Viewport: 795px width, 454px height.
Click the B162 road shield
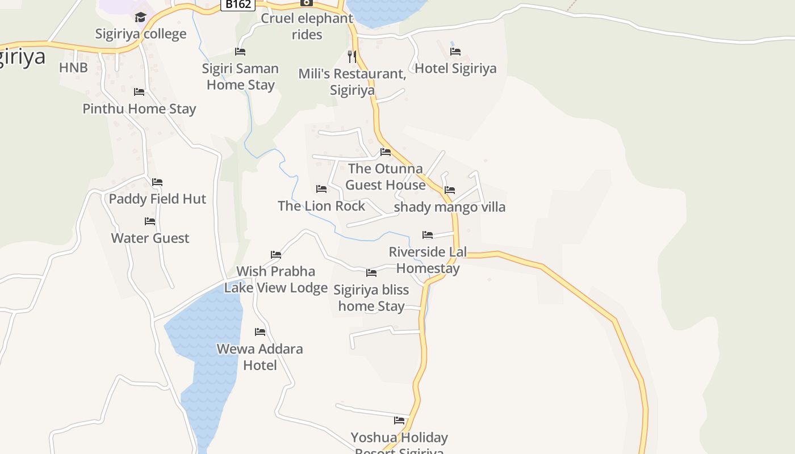(x=237, y=5)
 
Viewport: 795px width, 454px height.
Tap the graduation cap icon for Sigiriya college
(x=141, y=17)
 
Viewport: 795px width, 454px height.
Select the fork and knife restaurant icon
(x=352, y=56)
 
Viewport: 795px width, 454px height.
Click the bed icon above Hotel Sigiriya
(x=455, y=52)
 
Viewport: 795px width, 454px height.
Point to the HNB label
(x=73, y=68)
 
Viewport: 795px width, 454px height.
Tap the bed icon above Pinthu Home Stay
(x=139, y=92)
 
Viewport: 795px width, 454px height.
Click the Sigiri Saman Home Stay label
(x=241, y=77)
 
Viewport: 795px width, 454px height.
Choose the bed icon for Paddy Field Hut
(x=157, y=182)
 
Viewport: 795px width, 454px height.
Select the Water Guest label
(x=150, y=238)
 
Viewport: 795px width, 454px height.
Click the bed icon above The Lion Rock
(x=321, y=189)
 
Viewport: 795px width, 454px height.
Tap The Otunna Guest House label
(x=386, y=176)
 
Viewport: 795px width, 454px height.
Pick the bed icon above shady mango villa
(x=450, y=190)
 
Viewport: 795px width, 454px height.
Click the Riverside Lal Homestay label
(x=428, y=260)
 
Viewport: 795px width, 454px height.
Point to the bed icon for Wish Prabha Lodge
(x=276, y=255)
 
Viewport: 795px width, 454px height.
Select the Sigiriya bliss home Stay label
(x=371, y=298)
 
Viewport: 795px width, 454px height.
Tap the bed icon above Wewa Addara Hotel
(x=260, y=332)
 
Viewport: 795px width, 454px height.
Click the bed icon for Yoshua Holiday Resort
(x=399, y=421)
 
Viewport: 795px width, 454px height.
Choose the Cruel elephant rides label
(x=307, y=26)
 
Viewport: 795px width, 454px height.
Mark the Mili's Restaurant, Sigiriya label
(x=352, y=82)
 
